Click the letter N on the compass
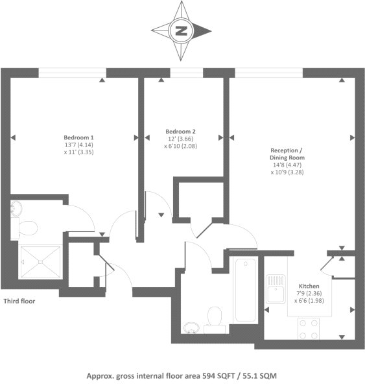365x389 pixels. [x=182, y=30]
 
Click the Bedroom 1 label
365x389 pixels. [x=78, y=137]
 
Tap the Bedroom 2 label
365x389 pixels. [x=172, y=132]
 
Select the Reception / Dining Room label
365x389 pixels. [x=287, y=154]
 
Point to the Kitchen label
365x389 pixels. [x=309, y=286]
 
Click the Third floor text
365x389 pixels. [x=20, y=301]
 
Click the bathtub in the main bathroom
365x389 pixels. [x=246, y=287]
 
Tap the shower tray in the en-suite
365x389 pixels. [x=41, y=263]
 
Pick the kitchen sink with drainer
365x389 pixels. [x=276, y=289]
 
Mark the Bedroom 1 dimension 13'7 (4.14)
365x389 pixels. [x=78, y=145]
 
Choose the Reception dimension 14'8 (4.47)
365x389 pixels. [x=287, y=165]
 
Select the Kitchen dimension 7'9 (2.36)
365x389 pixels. [x=309, y=293]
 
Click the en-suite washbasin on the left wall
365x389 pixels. [x=16, y=208]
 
